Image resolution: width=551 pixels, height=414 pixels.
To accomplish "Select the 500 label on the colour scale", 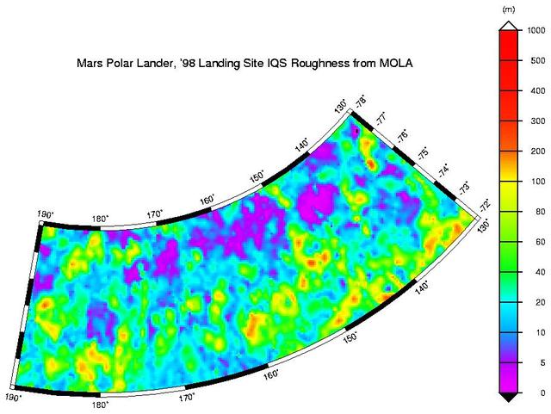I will [x=536, y=60].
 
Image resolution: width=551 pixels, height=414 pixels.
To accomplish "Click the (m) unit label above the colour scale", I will [x=508, y=9].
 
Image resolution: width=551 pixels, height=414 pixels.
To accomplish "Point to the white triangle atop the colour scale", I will [x=508, y=25].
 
